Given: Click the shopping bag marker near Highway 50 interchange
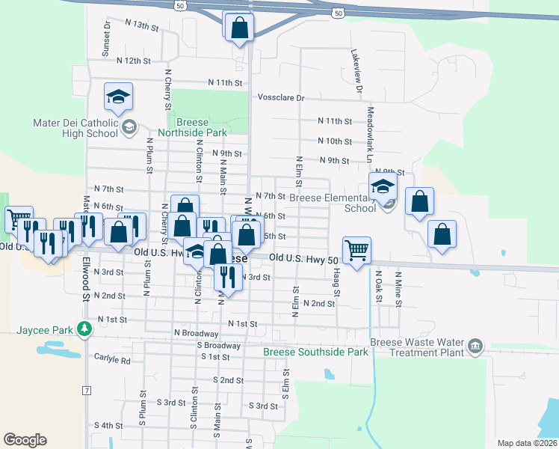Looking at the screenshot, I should pos(239,28).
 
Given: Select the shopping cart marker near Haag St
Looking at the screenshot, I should pos(357,250).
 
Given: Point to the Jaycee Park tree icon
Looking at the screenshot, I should pos(86,328).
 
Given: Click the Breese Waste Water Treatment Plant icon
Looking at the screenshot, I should pos(475,346).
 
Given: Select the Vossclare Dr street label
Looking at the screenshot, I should pos(281,97).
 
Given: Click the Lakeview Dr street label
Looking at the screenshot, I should pos(358,72).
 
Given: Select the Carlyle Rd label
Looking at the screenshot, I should pos(113,360).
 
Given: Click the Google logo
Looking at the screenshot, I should pos(25,440).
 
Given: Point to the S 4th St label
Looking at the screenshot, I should pos(108,426).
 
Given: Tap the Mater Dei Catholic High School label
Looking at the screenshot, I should pos(75,128).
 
